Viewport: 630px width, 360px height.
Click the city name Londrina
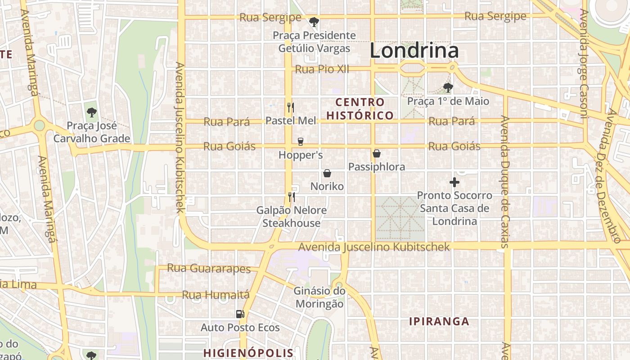click(x=414, y=50)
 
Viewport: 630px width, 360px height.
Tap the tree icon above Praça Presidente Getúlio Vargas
click(x=314, y=22)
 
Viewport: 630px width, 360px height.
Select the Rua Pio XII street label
click(x=322, y=69)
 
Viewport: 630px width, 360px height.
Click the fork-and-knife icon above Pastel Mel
click(x=291, y=108)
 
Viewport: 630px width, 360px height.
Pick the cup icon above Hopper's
click(x=300, y=142)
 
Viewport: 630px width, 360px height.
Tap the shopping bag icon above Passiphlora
click(x=377, y=154)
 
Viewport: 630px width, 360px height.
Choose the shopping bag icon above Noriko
click(x=327, y=173)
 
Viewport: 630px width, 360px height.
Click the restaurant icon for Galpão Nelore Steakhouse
click(x=291, y=197)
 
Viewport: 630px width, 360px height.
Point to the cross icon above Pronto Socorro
click(x=454, y=182)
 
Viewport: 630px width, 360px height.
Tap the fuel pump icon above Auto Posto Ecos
click(x=240, y=314)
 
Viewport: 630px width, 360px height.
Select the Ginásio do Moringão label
click(x=319, y=297)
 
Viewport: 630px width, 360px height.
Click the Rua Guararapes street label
click(x=209, y=269)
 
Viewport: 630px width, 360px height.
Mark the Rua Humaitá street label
click(x=216, y=295)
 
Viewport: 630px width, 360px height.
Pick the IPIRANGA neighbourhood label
click(x=439, y=321)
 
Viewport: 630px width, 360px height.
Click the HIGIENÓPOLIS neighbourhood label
click(x=248, y=352)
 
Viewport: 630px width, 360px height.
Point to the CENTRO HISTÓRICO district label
click(x=360, y=109)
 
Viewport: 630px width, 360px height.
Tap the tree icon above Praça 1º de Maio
click(x=448, y=87)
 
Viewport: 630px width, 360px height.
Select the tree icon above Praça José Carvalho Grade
click(x=92, y=112)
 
